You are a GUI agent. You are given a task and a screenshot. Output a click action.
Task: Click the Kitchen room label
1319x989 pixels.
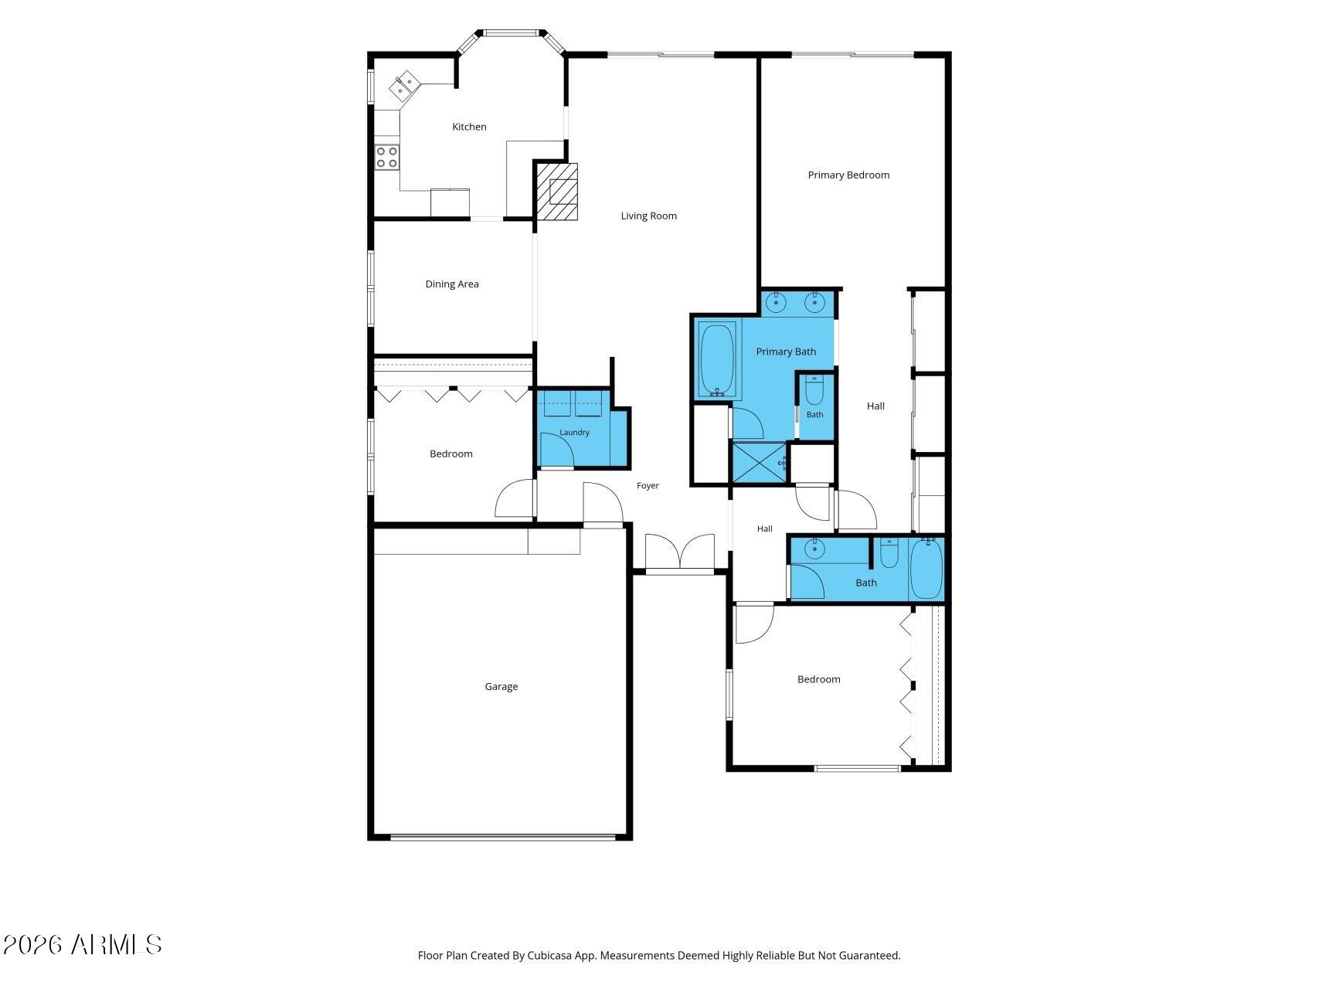click(469, 127)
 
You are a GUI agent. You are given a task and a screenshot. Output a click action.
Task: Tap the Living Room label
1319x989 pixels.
click(648, 216)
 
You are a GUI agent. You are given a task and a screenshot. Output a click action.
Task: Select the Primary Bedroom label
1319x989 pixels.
click(848, 175)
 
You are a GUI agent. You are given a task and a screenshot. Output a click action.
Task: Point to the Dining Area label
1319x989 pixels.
click(452, 284)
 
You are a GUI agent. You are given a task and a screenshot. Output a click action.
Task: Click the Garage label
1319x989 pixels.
click(501, 686)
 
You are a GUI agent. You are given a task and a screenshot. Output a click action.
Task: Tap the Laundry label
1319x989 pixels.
click(574, 433)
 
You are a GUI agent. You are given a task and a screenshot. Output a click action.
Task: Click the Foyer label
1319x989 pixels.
click(648, 486)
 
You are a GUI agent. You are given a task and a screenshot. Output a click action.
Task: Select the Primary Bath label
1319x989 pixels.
click(786, 352)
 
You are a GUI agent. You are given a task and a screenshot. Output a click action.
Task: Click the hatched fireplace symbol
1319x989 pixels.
click(557, 192)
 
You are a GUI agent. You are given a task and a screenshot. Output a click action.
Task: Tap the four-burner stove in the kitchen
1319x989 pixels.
click(386, 157)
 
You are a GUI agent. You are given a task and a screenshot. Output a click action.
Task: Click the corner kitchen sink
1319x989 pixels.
click(404, 86)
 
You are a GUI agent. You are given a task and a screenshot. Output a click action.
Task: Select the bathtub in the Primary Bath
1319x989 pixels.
click(716, 359)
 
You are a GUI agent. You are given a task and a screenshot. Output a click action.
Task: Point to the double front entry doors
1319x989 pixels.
click(680, 552)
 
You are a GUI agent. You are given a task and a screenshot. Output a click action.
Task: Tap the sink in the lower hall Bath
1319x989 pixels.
click(814, 549)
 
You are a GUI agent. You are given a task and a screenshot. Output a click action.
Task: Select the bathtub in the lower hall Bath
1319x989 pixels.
click(926, 569)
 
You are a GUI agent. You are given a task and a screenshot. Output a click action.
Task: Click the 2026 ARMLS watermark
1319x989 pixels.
click(82, 944)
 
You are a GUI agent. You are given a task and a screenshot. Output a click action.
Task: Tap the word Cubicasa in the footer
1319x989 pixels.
click(549, 956)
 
